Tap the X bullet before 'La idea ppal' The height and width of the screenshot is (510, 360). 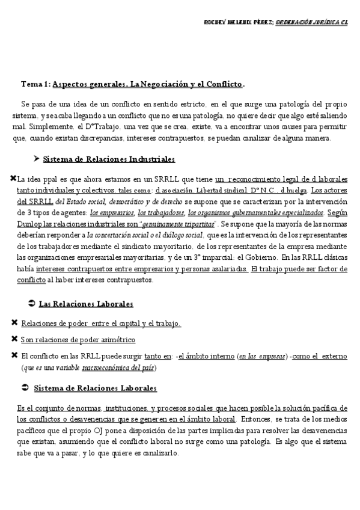click(13, 179)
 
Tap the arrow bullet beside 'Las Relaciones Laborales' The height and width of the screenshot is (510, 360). click(31, 304)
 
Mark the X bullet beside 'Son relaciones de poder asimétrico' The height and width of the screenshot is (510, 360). click(14, 339)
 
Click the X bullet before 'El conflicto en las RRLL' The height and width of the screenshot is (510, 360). click(14, 355)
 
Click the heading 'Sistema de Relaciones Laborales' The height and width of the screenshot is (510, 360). click(95, 389)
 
